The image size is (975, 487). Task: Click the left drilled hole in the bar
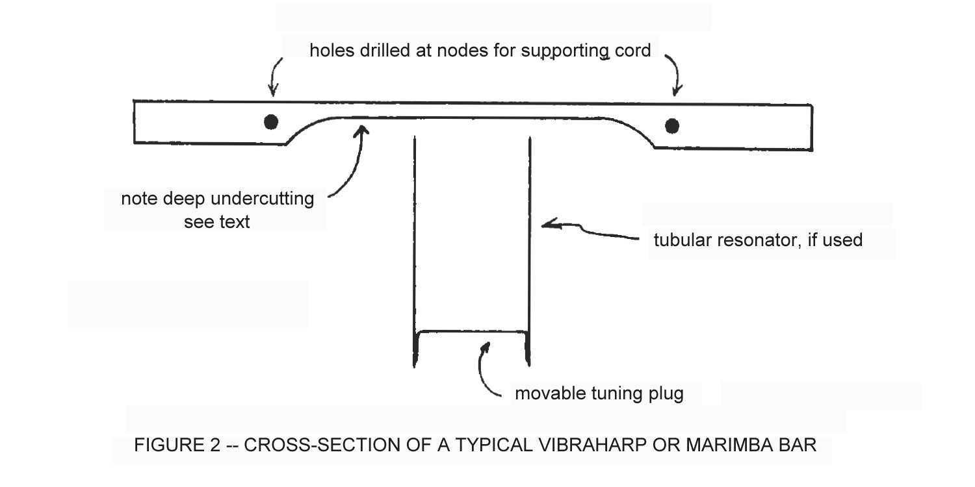(271, 121)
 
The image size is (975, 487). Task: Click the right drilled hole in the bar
(672, 125)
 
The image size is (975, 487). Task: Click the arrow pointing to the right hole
(675, 75)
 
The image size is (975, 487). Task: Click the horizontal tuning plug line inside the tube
(471, 332)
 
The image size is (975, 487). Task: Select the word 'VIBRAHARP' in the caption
(577, 446)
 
